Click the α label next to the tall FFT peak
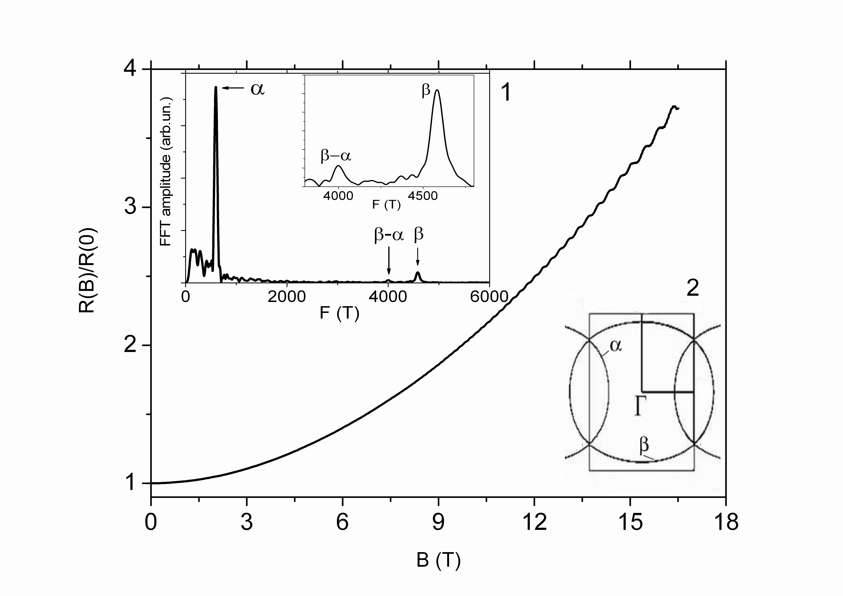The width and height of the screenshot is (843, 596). point(257,88)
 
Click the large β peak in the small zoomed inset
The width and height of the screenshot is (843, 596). point(437,92)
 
